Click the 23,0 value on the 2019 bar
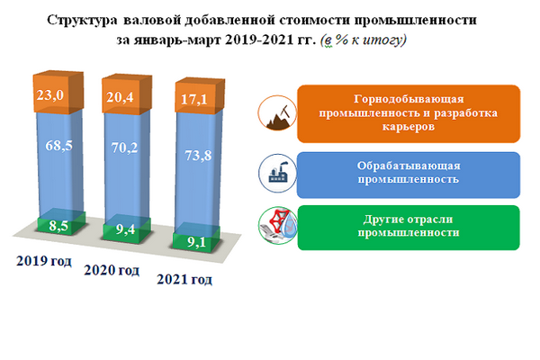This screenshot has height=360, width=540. [50, 95]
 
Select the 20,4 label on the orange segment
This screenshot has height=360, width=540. [120, 97]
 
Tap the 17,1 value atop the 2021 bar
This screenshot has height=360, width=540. [194, 100]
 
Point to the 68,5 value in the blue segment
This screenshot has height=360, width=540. [58, 146]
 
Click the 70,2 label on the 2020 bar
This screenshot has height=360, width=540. [124, 148]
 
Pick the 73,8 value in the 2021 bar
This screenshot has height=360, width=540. [198, 156]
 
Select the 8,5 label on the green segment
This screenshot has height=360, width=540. [58, 226]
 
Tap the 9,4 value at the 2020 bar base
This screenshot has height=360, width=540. [125, 229]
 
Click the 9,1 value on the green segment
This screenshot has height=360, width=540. [196, 242]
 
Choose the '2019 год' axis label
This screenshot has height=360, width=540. [44, 261]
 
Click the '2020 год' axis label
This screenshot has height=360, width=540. [112, 270]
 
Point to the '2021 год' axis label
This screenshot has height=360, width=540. [184, 279]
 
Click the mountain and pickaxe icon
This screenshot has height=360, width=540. [277, 113]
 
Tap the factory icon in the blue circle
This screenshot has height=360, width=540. [277, 174]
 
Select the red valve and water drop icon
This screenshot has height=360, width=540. [278, 226]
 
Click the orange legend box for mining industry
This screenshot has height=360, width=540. [409, 113]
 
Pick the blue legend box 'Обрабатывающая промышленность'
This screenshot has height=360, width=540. [409, 175]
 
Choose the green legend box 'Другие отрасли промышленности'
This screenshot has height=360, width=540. [409, 228]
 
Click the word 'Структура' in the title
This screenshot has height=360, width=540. [82, 21]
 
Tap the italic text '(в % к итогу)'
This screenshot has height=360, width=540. [364, 40]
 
